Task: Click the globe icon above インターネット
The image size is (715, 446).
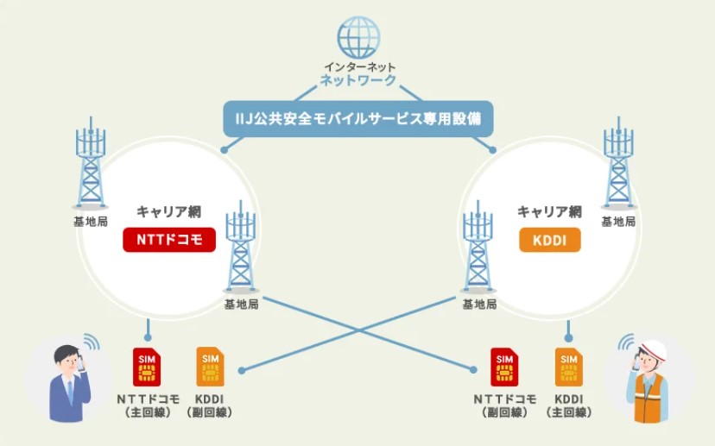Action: (x=358, y=37)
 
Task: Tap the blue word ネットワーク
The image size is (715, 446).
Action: (x=358, y=81)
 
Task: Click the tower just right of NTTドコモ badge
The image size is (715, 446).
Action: (x=241, y=250)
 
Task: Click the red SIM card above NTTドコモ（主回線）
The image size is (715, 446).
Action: (x=147, y=367)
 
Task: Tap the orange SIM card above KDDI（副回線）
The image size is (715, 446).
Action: (x=210, y=367)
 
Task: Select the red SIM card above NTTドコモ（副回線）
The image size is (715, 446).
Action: (x=504, y=367)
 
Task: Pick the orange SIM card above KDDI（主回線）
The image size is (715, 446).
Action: (x=567, y=367)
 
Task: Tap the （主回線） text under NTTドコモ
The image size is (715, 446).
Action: (x=147, y=413)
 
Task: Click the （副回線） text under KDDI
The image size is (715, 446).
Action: (x=210, y=413)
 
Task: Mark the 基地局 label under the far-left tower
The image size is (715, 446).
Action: (x=91, y=222)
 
